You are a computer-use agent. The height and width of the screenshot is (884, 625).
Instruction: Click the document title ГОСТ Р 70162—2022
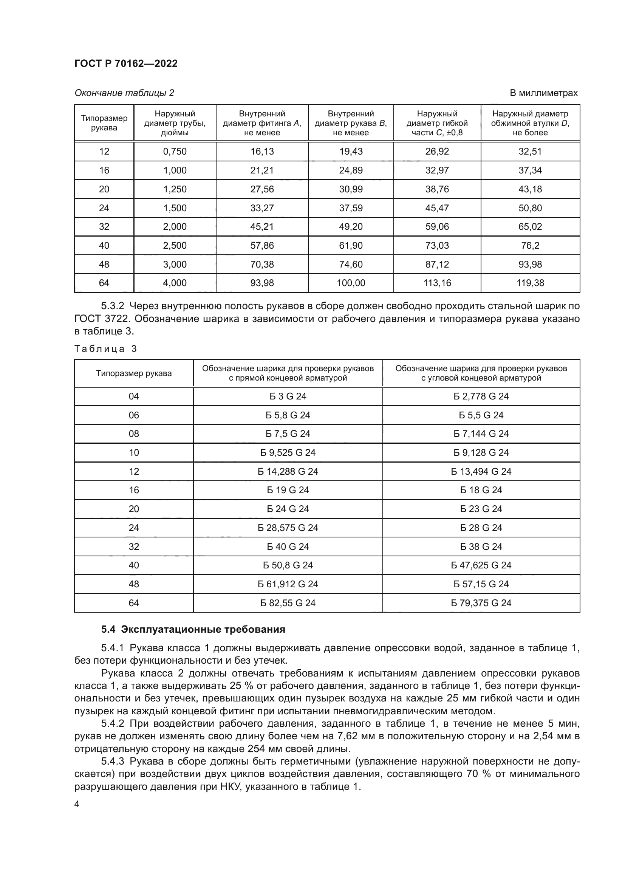[126, 63]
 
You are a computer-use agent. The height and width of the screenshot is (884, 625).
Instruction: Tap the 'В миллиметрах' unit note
[543, 93]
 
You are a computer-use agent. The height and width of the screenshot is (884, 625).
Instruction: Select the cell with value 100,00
[351, 283]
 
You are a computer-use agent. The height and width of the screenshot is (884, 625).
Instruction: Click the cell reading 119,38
[530, 283]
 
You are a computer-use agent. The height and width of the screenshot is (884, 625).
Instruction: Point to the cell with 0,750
[175, 151]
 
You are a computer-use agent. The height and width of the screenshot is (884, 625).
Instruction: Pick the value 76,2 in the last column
[530, 245]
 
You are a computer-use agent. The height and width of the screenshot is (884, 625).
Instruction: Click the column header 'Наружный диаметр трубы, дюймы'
[175, 123]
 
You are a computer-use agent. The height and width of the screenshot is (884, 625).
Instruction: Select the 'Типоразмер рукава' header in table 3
[133, 373]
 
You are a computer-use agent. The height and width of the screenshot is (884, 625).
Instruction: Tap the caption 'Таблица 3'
[105, 349]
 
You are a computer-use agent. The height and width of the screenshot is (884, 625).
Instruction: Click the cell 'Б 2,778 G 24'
[481, 396]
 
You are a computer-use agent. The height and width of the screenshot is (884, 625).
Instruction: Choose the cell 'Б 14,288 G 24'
[288, 471]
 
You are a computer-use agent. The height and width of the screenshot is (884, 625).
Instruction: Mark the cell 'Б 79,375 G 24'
[481, 603]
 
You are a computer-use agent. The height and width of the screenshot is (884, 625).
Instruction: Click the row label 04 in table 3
[133, 396]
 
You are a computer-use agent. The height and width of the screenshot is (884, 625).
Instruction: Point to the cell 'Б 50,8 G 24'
[288, 565]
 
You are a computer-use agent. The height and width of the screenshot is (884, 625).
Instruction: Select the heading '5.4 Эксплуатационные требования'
[193, 630]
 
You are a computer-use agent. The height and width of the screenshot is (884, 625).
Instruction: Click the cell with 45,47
[437, 208]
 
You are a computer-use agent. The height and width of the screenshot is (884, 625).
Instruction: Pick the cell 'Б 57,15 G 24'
[481, 584]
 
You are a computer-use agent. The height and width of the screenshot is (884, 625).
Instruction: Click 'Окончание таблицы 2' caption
[124, 93]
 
